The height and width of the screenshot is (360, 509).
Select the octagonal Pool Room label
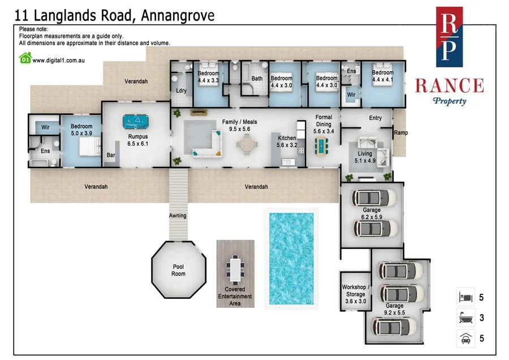click(x=178, y=270)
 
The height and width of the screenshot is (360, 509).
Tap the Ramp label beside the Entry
click(x=402, y=133)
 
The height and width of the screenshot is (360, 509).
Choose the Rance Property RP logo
click(x=449, y=36)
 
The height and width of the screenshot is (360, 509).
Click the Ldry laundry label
click(x=182, y=91)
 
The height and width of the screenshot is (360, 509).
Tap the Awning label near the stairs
click(x=177, y=216)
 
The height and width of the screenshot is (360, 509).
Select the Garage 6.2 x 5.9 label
click(x=372, y=213)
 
